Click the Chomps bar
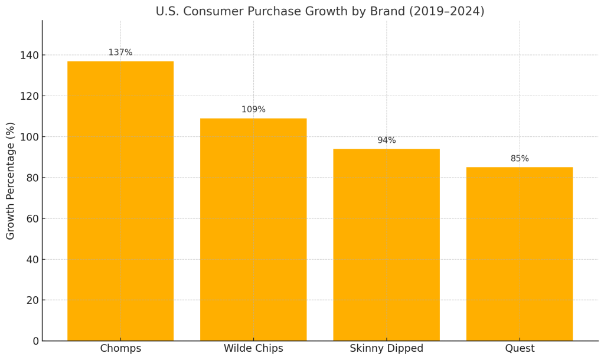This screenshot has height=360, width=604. tap(120, 201)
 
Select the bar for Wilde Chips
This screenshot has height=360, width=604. tap(253, 230)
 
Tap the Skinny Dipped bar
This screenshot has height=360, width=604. tap(386, 244)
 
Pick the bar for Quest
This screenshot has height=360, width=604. tap(519, 254)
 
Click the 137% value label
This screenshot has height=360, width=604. tap(120, 53)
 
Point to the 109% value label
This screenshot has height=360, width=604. tap(253, 110)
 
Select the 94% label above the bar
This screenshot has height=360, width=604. tap(387, 140)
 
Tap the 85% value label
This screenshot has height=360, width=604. tap(520, 159)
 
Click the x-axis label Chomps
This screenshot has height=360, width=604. tap(120, 349)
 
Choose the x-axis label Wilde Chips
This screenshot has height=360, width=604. tap(253, 349)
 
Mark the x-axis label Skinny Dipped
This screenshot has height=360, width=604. tap(386, 349)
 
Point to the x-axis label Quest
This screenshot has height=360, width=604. tap(520, 349)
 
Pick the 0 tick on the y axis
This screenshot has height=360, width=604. tap(35, 341)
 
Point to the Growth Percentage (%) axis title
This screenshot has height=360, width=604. tap(11, 181)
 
